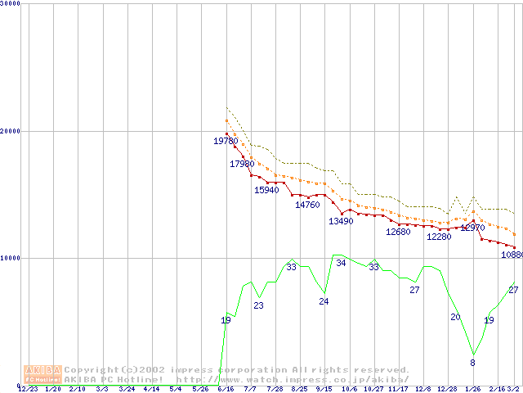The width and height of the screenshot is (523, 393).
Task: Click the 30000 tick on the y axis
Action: (11, 4)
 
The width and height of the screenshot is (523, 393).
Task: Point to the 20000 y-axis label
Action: (11, 131)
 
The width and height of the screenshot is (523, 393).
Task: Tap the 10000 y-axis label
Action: (11, 258)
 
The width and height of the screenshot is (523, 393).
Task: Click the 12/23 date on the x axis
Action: (28, 389)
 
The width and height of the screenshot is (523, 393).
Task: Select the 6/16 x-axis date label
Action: (226, 389)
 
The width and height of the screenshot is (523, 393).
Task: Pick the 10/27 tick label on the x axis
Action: (373, 389)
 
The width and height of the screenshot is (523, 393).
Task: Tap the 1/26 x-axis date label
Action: (472, 389)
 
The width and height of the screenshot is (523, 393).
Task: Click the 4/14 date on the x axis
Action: (151, 389)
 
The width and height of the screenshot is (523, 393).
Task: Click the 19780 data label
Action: (226, 142)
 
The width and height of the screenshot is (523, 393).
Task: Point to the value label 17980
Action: (242, 165)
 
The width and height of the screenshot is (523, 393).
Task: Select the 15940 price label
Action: (266, 191)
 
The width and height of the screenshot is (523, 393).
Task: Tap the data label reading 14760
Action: (307, 206)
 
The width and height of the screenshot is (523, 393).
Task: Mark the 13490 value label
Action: (341, 222)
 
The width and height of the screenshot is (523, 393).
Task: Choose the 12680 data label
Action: (398, 233)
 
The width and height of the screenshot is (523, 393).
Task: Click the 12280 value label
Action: (439, 237)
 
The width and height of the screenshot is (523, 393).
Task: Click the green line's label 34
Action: (341, 264)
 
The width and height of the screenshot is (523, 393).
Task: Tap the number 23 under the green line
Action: (258, 306)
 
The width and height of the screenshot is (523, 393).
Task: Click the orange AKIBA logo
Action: (42, 374)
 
